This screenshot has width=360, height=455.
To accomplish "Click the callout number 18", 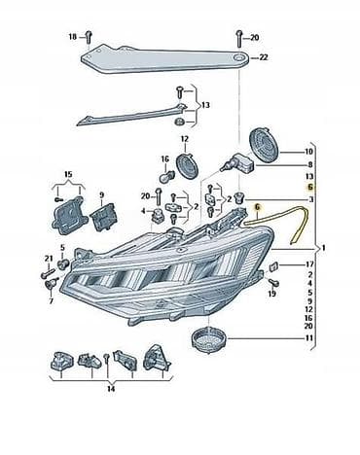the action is pos(73,37).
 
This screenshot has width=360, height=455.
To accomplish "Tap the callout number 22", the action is pos(264,57).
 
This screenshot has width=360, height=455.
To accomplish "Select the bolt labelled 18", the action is pos(89,38).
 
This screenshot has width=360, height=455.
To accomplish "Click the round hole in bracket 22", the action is pos(240,58).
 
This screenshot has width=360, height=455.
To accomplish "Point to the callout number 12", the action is pos(184,139).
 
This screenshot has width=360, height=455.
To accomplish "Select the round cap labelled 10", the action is pos(265,144).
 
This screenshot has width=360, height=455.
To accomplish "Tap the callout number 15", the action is pos(68,174).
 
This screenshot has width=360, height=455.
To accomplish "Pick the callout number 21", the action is pos(49,259).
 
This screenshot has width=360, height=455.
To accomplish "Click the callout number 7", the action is pos(51,301).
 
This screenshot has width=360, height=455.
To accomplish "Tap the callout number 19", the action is pos(271,294).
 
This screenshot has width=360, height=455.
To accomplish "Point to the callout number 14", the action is pos(111,389).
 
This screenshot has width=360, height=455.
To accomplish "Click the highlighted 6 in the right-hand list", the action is pos(310,187).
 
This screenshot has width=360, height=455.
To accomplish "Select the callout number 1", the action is pos(323,248).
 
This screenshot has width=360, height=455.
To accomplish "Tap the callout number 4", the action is pos(143,211).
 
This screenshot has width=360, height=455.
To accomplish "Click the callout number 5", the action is pos(62,248).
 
